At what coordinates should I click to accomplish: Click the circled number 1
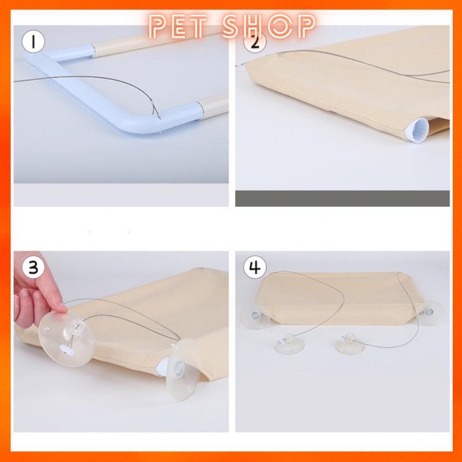(33, 42)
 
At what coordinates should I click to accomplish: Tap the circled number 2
(255, 43)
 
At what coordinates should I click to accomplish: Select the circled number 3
(33, 267)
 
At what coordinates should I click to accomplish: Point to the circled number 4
(255, 267)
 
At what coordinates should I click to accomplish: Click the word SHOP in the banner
(269, 27)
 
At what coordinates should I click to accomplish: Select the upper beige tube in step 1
(156, 42)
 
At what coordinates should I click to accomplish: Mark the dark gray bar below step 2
(342, 198)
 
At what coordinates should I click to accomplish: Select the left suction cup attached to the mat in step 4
(254, 316)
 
